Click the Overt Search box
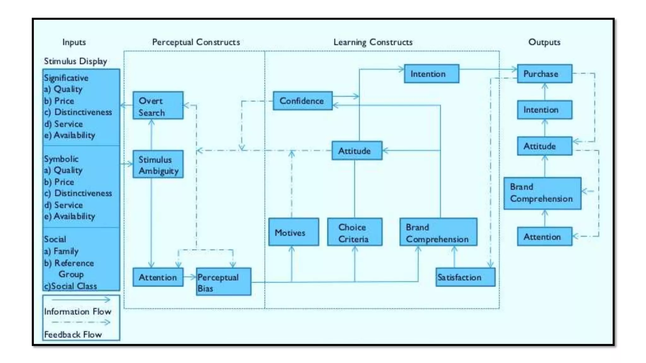point(158,105)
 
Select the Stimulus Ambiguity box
point(158,164)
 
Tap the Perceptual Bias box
point(223,281)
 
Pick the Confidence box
point(302,101)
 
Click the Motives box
point(293,232)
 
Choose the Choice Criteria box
point(355,232)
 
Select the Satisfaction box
point(465,277)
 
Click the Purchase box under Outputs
point(544,74)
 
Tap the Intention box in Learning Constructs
point(431,74)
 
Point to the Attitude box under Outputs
point(544,146)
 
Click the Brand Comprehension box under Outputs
point(542,193)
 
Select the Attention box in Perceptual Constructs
point(158,277)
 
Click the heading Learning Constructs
point(373,42)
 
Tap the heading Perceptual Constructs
point(196,42)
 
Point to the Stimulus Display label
point(75,61)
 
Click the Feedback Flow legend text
point(73,334)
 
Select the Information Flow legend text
point(78,311)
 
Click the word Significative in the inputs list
point(66,78)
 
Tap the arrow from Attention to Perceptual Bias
point(190,277)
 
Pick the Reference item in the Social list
point(74,263)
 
